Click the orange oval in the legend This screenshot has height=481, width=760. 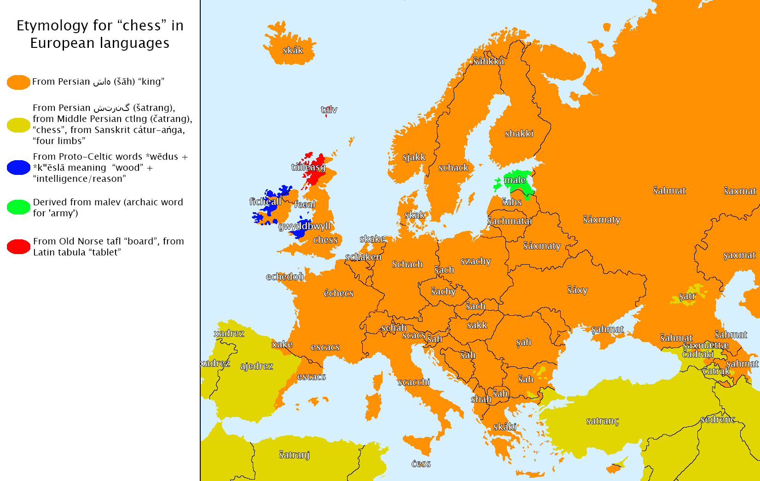tap(19, 82)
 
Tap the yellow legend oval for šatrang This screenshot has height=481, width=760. tap(19, 125)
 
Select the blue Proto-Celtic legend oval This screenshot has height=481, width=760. tap(19, 168)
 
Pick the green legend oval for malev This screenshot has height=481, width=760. tap(19, 207)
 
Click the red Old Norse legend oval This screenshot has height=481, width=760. tap(19, 247)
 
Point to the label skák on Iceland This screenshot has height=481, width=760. tap(293, 51)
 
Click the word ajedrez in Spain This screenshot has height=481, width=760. tap(256, 366)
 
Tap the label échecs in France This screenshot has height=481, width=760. tap(338, 293)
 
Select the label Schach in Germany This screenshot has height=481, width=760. tap(407, 264)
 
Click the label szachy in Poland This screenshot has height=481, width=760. tap(476, 261)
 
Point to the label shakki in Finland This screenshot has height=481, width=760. tap(519, 134)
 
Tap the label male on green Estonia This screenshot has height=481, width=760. tap(515, 180)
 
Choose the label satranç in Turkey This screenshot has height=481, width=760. tap(602, 421)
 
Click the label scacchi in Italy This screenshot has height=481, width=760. tap(414, 382)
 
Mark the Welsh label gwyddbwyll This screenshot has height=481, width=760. tap(304, 226)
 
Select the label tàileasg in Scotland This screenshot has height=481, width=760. tap(308, 167)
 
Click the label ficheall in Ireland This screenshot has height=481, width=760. tap(265, 202)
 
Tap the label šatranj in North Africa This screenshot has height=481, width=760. tap(294, 455)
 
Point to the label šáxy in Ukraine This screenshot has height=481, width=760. tap(577, 290)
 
